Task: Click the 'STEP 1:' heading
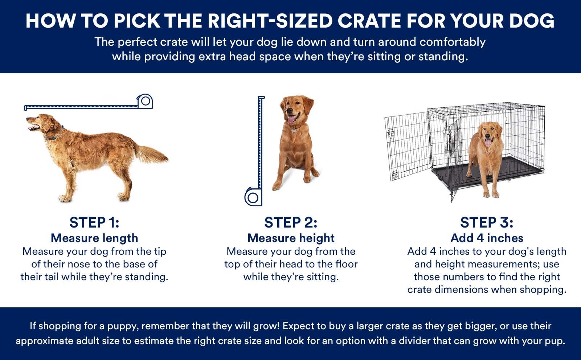(x=94, y=222)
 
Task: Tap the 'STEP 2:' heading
(x=291, y=222)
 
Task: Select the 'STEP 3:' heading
(x=487, y=222)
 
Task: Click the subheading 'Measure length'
(x=94, y=238)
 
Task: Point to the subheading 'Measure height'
(x=291, y=238)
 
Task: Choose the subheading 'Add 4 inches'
(x=487, y=238)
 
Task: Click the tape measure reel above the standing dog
(x=145, y=101)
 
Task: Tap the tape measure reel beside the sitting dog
(x=253, y=197)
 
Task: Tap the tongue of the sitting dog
(x=291, y=120)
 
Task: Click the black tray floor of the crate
(x=488, y=171)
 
